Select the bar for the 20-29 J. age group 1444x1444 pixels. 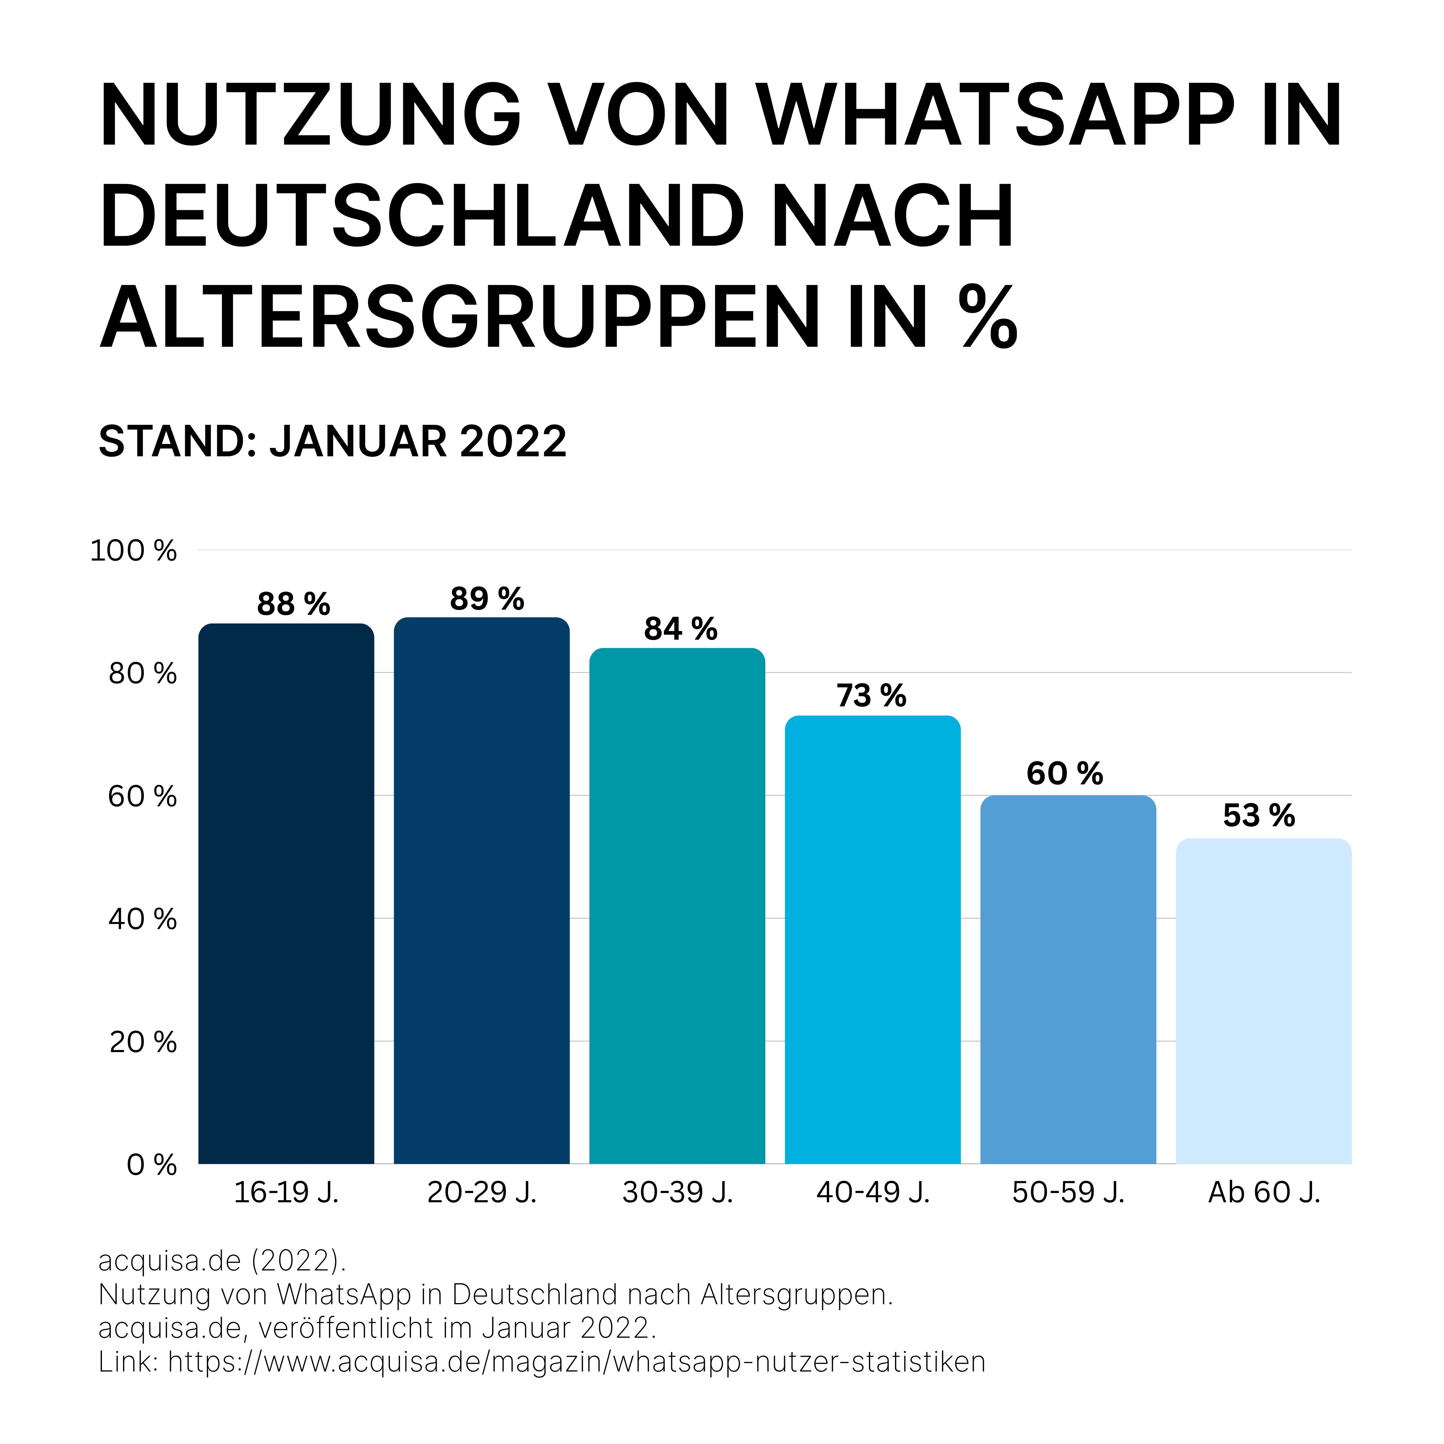pyautogui.click(x=481, y=890)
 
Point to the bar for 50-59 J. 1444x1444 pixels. pyautogui.click(x=1068, y=979)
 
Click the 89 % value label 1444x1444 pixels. pyautogui.click(x=487, y=599)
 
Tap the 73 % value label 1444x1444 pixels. pyautogui.click(x=871, y=696)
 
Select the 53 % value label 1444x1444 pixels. pyautogui.click(x=1259, y=815)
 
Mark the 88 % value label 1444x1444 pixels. pyautogui.click(x=293, y=604)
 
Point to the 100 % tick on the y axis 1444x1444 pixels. pyautogui.click(x=133, y=551)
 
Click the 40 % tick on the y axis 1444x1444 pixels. pyautogui.click(x=142, y=919)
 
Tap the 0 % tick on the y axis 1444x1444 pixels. pyautogui.click(x=151, y=1164)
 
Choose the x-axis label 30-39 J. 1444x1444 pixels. pyautogui.click(x=677, y=1192)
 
